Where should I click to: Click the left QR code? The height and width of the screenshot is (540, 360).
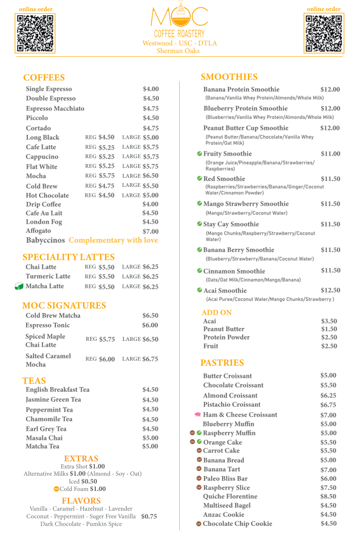click(35, 33)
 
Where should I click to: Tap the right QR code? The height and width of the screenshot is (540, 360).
click(324, 33)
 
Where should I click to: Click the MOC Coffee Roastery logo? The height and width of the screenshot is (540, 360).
click(179, 19)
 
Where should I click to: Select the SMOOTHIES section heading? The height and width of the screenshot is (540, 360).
click(229, 77)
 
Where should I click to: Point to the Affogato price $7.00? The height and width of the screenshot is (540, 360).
click(151, 232)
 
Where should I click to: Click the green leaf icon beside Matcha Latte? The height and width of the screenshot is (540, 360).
click(19, 286)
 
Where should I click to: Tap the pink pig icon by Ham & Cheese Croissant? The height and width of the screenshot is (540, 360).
click(197, 415)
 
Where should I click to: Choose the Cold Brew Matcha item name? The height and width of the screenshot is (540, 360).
click(53, 316)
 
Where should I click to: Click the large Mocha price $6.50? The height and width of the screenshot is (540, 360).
click(151, 176)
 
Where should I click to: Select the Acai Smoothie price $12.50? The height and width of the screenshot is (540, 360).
click(330, 290)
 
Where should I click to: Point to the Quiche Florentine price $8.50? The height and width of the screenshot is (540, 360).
click(329, 496)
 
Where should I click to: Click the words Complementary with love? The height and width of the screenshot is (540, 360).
click(113, 240)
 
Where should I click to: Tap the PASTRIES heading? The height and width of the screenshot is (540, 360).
click(222, 363)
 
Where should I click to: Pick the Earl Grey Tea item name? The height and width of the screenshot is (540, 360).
click(46, 429)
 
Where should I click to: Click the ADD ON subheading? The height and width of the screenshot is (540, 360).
click(216, 313)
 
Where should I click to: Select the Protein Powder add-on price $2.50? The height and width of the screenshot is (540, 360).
click(329, 337)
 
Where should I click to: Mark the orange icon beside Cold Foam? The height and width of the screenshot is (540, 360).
click(56, 489)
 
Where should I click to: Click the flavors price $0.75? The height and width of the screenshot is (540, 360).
click(149, 517)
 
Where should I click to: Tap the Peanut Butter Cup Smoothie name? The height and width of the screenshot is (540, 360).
click(246, 128)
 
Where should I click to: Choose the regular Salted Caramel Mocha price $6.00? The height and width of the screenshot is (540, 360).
click(107, 359)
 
